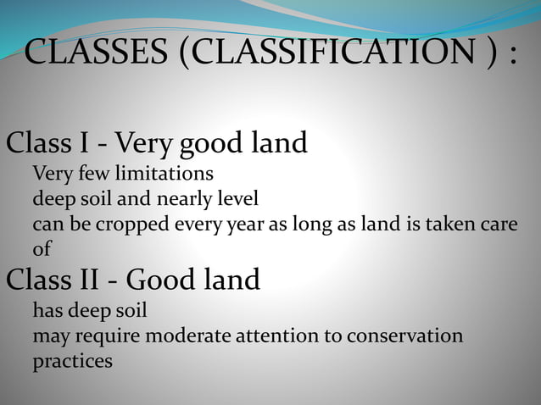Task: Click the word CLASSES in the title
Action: pyautogui.click(x=94, y=53)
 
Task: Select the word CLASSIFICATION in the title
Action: pyautogui.click(x=329, y=53)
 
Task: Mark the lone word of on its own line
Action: pyautogui.click(x=42, y=251)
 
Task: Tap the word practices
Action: pyautogui.click(x=72, y=362)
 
